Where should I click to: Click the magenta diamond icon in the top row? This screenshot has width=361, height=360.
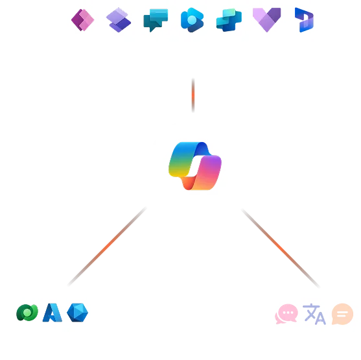[82, 20]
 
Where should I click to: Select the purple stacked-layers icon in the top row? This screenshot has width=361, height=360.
[118, 20]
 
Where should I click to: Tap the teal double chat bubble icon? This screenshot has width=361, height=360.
[156, 20]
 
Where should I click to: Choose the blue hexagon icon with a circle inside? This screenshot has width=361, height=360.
[192, 19]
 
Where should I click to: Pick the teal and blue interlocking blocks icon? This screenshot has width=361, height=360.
[228, 20]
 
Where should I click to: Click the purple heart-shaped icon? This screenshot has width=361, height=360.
[266, 20]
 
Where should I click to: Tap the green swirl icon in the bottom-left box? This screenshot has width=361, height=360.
[27, 313]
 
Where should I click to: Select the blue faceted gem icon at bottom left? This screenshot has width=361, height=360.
[77, 313]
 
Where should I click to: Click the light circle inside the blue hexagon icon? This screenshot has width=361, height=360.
[192, 19]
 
